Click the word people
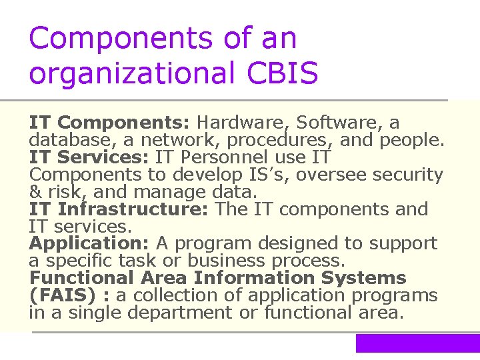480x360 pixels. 411,141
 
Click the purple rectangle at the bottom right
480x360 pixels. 417,343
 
